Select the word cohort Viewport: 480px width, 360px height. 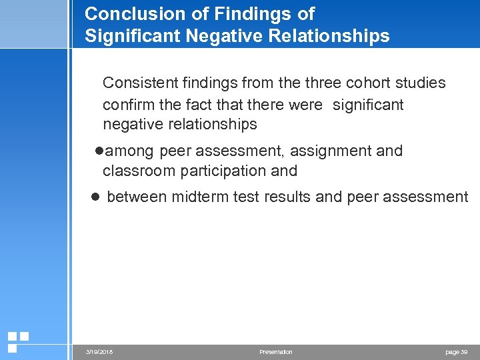[x=343, y=83]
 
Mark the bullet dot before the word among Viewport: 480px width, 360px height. [x=99, y=151]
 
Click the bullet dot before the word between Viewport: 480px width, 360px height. [x=95, y=197]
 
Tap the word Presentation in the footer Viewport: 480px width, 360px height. [x=275, y=352]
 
